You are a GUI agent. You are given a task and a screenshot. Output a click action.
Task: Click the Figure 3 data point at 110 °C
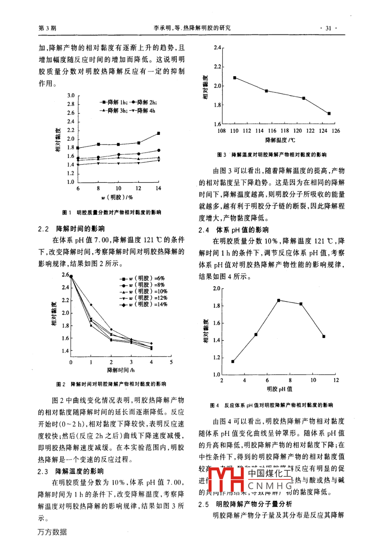tap(235, 77)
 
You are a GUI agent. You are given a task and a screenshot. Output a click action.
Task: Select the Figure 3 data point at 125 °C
tap(329, 113)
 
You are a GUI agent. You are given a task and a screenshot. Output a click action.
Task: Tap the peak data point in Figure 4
tap(278, 300)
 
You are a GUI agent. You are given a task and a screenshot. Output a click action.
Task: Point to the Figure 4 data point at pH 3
tap(233, 361)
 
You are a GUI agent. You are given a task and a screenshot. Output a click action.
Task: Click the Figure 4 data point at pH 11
tap(324, 336)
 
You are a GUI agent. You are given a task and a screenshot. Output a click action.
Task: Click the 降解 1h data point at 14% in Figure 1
tap(158, 133)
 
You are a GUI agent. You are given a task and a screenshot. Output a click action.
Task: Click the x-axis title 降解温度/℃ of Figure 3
tap(280, 140)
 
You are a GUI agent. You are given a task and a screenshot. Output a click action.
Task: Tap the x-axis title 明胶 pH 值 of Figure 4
tap(279, 389)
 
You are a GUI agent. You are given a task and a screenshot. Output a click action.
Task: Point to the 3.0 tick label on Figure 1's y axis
tap(71, 96)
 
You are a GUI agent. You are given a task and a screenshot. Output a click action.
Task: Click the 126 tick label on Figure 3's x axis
tap(336, 131)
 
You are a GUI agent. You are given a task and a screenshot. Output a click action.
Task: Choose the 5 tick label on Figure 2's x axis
tap(171, 362)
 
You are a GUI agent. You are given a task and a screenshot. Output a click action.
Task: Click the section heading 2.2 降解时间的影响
tap(71, 229)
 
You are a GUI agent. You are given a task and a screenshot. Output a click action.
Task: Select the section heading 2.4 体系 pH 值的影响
tap(233, 230)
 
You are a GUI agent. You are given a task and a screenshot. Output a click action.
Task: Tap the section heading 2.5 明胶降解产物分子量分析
tap(245, 504)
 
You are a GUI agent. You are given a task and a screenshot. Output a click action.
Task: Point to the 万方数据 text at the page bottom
tap(52, 532)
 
